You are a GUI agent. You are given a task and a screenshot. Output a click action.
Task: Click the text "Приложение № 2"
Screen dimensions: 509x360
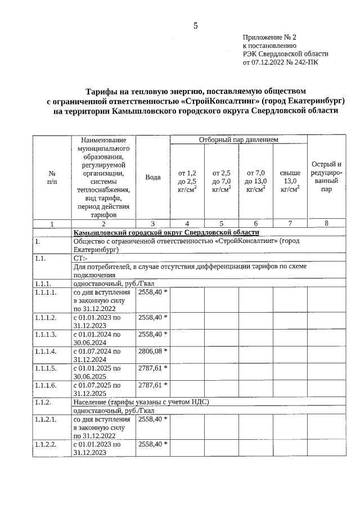(269, 37)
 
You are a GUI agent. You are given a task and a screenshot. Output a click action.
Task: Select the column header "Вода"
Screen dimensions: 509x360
(153, 177)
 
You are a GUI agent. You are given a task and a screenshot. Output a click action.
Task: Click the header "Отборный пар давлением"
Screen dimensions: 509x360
(238, 139)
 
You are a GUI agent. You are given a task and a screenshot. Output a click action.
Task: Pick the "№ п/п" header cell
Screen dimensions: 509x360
(52, 177)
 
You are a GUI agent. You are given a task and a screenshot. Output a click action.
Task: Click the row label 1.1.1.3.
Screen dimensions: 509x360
(46, 335)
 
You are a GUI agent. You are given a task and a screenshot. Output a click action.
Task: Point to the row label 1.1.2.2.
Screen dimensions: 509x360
(46, 444)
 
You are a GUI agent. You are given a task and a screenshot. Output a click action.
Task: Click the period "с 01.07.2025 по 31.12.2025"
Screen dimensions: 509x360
(97, 389)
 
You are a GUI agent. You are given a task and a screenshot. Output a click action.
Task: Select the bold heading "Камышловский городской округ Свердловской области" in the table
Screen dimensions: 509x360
(166, 232)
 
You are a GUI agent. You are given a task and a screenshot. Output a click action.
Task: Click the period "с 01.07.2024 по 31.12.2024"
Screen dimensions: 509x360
(97, 355)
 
